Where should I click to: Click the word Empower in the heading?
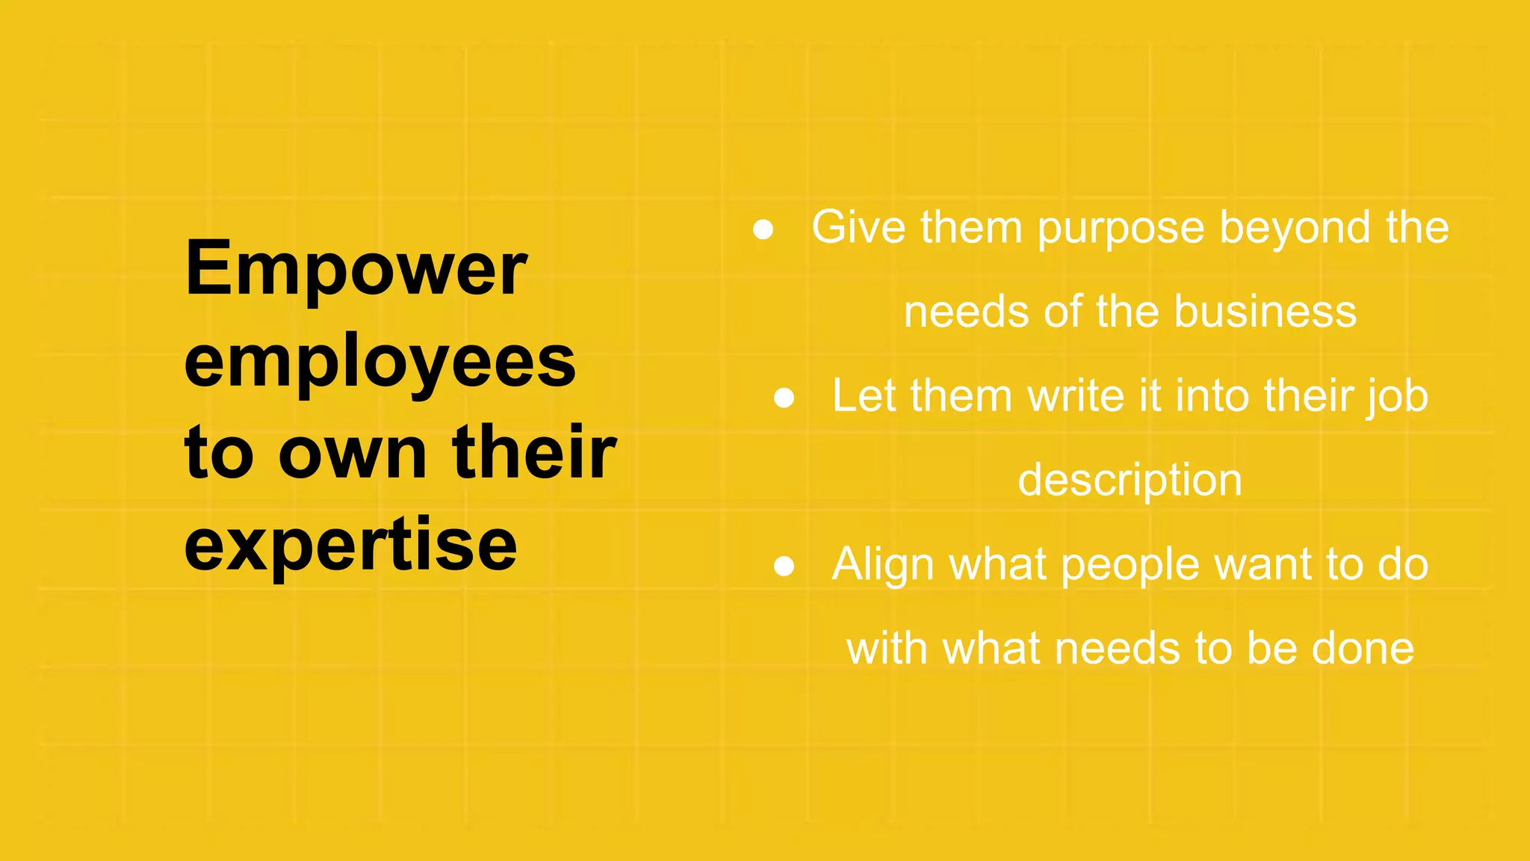point(356,268)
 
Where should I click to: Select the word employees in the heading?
point(380,363)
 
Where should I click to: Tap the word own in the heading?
point(352,454)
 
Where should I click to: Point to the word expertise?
point(350,546)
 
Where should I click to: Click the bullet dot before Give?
point(763,229)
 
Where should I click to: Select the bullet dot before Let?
point(784,398)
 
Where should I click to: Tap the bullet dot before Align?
point(784,566)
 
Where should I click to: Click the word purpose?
point(1121,229)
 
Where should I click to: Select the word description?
point(1130,481)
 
